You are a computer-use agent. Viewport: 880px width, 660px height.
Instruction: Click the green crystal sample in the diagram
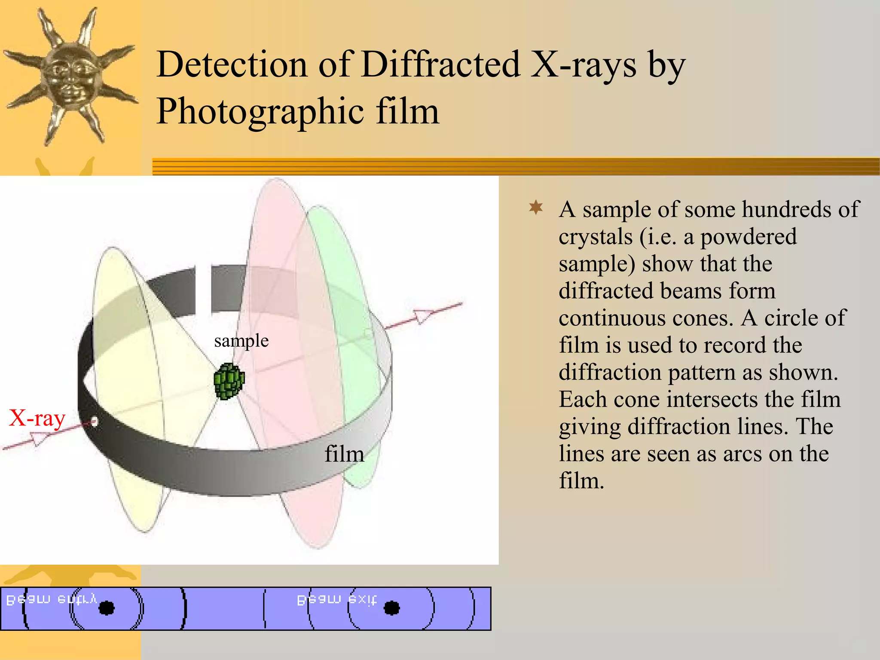[229, 381]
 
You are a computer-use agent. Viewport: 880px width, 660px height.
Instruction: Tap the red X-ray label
[37, 418]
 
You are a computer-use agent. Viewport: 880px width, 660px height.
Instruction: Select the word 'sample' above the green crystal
[241, 341]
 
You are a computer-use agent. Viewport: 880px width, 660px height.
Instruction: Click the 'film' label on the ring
[344, 454]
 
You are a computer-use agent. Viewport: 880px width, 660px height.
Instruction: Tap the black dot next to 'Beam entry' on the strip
[107, 608]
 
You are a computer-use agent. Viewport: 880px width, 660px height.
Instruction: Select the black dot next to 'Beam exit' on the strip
[391, 608]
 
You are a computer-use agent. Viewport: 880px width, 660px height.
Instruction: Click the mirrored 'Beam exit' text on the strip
[337, 599]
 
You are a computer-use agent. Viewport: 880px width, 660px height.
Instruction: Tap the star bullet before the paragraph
[536, 208]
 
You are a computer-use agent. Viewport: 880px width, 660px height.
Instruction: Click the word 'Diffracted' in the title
[440, 64]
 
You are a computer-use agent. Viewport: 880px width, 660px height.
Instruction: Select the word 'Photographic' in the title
[260, 111]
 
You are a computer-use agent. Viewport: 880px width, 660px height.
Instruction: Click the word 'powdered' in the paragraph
[749, 237]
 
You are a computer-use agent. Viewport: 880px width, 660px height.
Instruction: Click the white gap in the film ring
[203, 290]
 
